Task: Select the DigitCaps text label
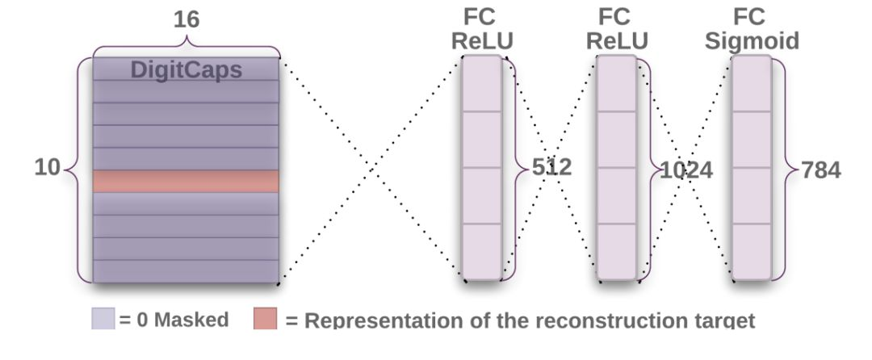pos(187,69)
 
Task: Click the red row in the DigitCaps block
pos(186,181)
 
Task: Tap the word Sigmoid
pos(752,41)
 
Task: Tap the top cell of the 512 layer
pos(482,84)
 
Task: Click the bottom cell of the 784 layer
pos(752,251)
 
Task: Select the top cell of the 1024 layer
pos(617,84)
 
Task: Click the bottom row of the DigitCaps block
pos(186,270)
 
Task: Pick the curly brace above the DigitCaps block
pos(187,47)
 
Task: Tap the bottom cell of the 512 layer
pos(482,251)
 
